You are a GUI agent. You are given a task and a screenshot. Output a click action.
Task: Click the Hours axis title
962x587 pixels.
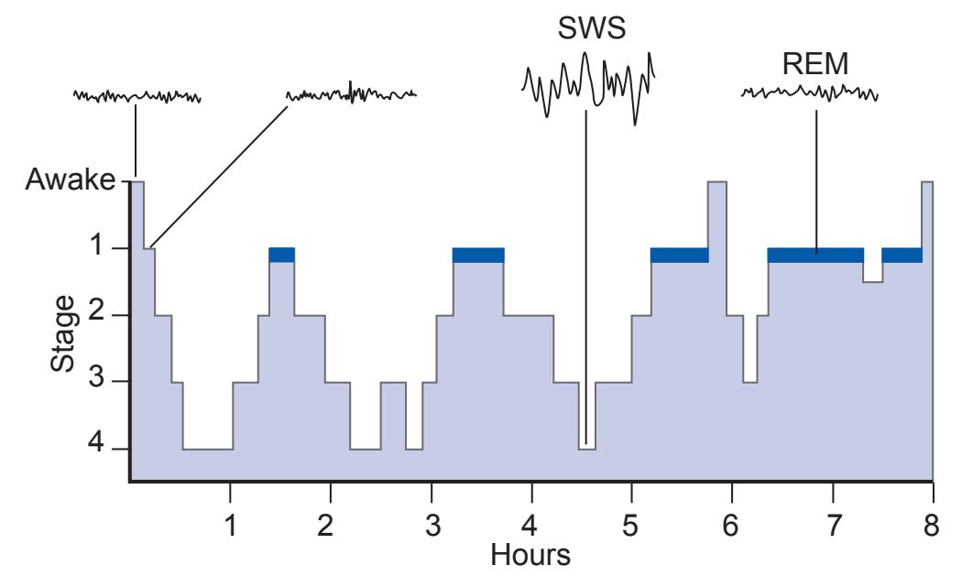coord(530,555)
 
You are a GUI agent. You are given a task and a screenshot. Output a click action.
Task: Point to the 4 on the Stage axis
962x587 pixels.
coord(119,448)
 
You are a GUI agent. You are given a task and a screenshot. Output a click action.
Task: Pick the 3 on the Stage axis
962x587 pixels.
coord(119,381)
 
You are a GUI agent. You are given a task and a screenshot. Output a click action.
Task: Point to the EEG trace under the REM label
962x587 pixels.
coord(810,92)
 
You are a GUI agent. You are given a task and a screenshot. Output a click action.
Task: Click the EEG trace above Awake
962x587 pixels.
coord(137,95)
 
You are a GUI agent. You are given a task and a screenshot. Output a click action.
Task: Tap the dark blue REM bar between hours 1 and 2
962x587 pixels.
coord(281,255)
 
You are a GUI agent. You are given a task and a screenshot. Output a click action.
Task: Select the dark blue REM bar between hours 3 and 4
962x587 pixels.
coord(478,255)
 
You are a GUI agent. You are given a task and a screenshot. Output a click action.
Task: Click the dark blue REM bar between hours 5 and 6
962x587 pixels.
coord(679,255)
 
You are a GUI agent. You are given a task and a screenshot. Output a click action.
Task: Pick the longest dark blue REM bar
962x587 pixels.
coord(814,255)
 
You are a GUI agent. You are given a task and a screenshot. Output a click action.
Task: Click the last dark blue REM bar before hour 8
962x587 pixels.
coord(902,255)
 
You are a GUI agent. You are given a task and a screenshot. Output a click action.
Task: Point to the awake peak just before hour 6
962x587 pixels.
coord(717,197)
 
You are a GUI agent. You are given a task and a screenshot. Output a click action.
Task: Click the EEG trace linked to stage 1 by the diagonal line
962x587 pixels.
coord(352,93)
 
